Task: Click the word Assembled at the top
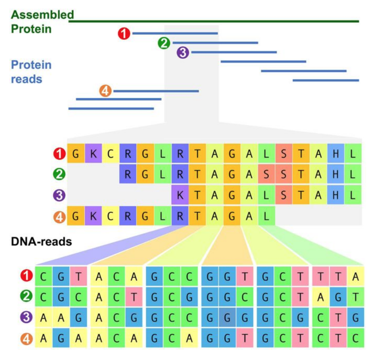[42, 15]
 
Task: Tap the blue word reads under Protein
[27, 79]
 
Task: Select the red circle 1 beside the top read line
[124, 33]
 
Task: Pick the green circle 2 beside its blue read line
[164, 43]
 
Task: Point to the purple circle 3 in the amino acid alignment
[59, 196]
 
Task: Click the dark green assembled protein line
[214, 21]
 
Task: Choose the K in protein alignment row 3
[180, 196]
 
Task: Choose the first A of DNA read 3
[44, 318]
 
